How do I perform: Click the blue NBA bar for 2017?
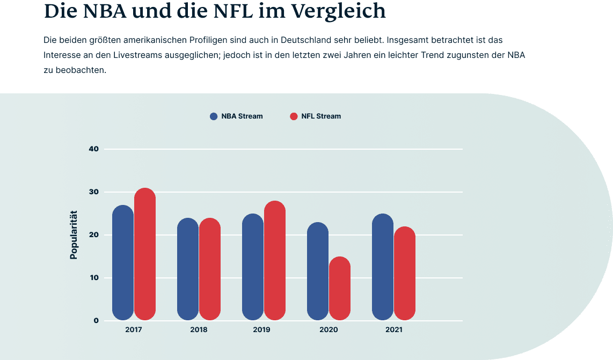[x=123, y=263]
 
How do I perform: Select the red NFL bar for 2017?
[x=145, y=254]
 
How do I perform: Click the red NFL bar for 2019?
[x=275, y=261]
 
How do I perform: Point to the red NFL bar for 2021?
[x=405, y=274]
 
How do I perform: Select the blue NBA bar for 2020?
[x=318, y=271]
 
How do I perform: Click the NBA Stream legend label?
[x=242, y=116]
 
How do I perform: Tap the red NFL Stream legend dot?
[x=294, y=116]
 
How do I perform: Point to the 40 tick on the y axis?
[x=93, y=149]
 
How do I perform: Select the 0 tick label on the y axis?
[x=96, y=321]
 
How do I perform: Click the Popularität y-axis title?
[x=74, y=234]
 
